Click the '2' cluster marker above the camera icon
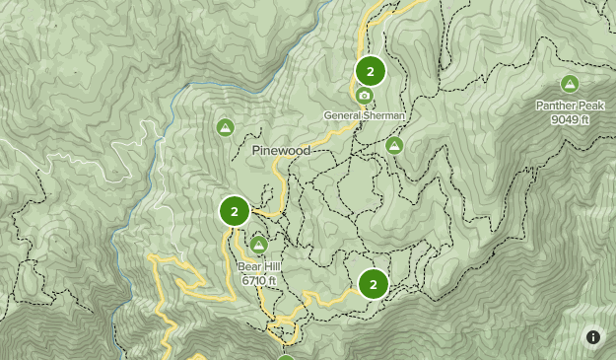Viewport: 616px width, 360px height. point(371,71)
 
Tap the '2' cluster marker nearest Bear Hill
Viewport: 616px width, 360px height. point(235,210)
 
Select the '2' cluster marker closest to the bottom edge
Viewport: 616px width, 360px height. point(373,284)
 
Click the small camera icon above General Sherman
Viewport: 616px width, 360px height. point(365,96)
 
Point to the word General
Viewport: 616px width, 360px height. point(344,115)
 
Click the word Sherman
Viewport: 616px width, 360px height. point(386,115)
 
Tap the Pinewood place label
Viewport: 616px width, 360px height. point(281,151)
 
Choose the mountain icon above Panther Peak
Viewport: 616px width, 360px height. point(569,85)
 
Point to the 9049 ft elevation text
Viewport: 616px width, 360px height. point(571,119)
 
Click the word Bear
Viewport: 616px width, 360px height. point(249,266)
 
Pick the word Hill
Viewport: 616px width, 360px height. point(272,266)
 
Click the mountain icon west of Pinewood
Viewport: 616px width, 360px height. point(225,127)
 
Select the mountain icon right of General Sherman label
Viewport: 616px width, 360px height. point(394,146)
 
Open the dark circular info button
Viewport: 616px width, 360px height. point(593,337)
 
